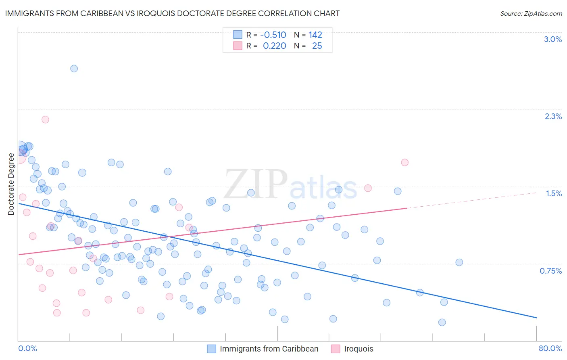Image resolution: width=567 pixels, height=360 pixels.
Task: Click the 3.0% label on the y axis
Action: pos(553,39)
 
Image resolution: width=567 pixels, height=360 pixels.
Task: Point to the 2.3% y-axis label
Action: pos(553,116)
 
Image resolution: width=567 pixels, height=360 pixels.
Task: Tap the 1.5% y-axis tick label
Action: pos(554,193)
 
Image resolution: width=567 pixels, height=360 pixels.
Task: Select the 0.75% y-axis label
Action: pos(550,271)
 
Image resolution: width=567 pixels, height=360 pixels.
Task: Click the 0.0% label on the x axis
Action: pos(27,348)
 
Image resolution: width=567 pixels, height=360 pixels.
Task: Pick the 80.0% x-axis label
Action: pos(550,348)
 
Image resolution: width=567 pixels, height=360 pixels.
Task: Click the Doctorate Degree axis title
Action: pos(11,184)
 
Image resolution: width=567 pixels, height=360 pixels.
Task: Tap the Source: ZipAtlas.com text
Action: pos(531,13)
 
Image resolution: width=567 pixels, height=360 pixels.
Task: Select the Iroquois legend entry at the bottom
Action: pos(358,349)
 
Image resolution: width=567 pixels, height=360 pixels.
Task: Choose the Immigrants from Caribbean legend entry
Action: pos(269,349)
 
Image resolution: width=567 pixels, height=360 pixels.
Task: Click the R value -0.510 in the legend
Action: pos(273,35)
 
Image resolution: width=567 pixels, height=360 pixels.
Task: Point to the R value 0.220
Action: pos(274,46)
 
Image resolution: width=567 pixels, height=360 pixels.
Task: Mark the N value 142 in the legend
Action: pos(315,35)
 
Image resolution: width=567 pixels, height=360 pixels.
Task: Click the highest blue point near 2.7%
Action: pos(74,69)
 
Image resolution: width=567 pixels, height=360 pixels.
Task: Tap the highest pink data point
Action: pos(45,119)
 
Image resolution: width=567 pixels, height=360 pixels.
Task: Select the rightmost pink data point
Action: pos(404,162)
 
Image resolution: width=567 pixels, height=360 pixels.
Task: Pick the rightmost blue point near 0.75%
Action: pos(459,262)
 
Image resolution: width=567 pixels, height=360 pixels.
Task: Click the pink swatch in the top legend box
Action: pos(238,46)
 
